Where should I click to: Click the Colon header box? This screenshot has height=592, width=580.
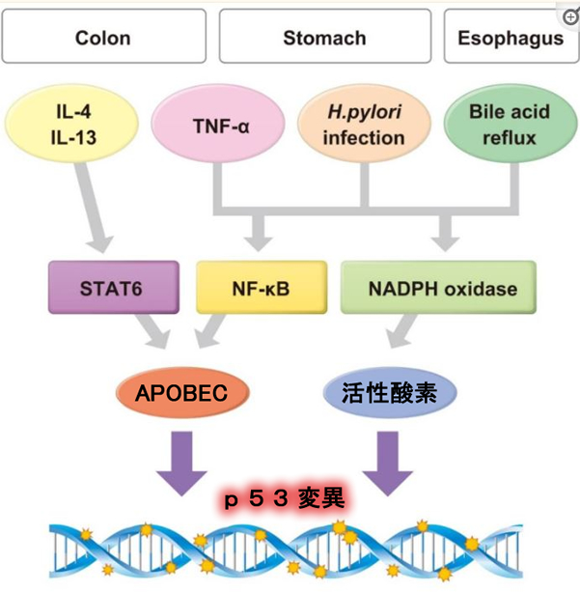[104, 38]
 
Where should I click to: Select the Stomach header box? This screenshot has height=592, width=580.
[324, 38]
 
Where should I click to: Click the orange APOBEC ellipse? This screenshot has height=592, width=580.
[180, 393]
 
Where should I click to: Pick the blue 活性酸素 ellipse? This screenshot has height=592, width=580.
[387, 393]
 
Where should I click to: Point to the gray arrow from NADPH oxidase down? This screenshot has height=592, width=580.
[404, 332]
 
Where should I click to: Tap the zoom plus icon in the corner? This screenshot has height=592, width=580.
[569, 16]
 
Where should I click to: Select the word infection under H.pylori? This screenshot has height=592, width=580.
[364, 138]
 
